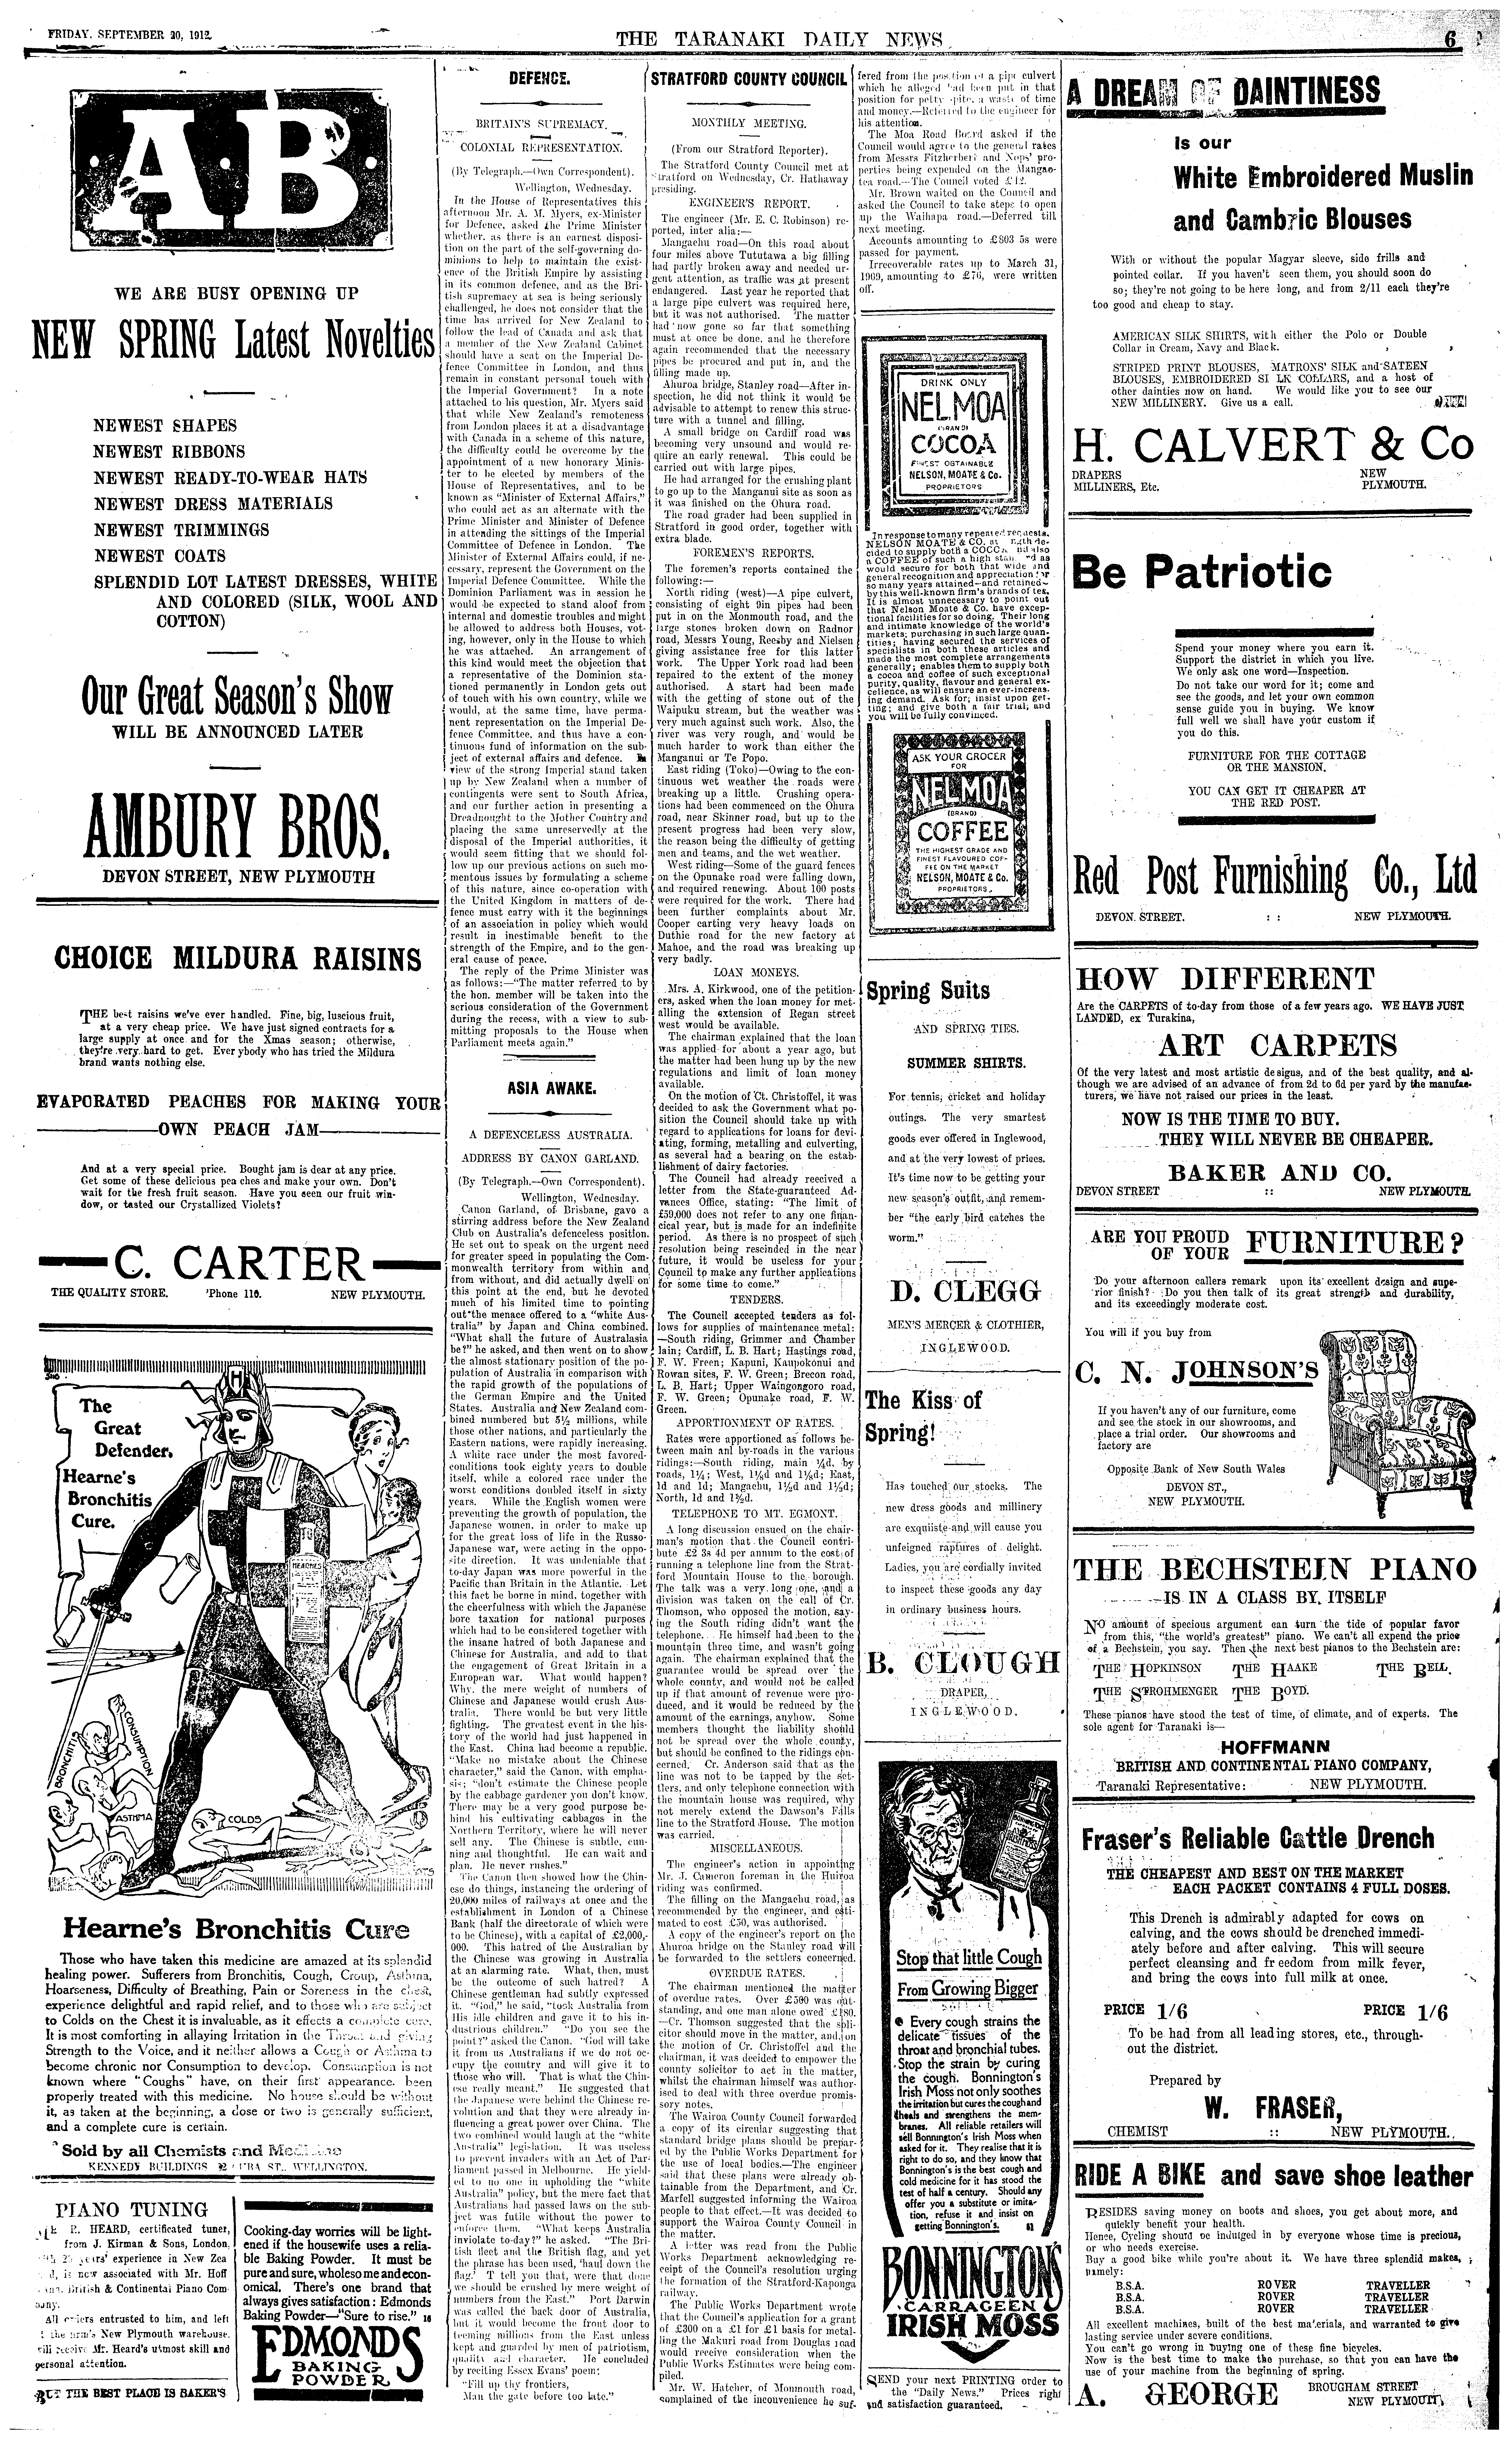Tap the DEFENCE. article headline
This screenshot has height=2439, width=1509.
click(x=539, y=78)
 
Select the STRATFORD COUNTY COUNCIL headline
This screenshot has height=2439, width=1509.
click(x=748, y=80)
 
